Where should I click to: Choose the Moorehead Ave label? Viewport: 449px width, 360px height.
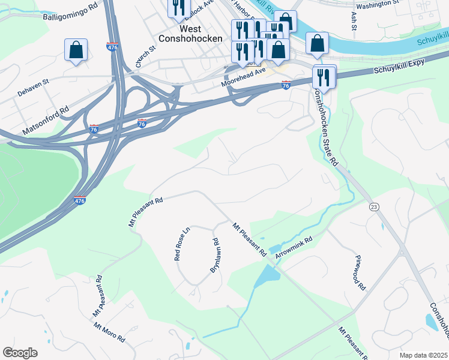click(243, 77)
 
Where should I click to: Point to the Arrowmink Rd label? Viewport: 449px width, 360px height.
click(294, 248)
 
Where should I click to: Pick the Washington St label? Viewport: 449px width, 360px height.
click(377, 4)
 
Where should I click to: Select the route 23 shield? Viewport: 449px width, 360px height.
click(374, 206)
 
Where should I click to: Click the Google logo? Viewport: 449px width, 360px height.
click(20, 353)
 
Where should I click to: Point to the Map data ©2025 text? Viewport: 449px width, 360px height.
click(423, 355)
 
